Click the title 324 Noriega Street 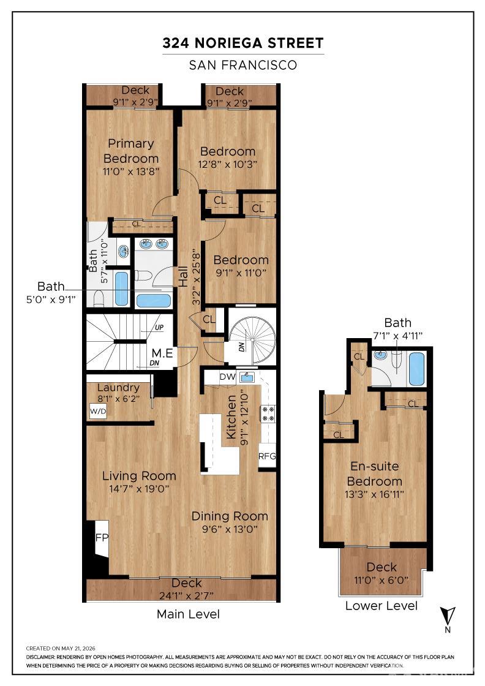243,43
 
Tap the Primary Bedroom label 131,151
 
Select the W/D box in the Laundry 98,411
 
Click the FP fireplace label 102,538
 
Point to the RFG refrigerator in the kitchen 267,456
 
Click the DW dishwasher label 227,377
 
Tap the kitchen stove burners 268,413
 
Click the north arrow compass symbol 448,616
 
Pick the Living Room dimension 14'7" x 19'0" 139,489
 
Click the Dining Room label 230,516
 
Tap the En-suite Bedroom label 374,474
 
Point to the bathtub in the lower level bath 416,369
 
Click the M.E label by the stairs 162,353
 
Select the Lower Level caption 382,606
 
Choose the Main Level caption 188,614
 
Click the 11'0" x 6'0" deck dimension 382,581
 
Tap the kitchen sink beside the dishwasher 247,377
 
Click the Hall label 183,276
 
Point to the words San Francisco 243,65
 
